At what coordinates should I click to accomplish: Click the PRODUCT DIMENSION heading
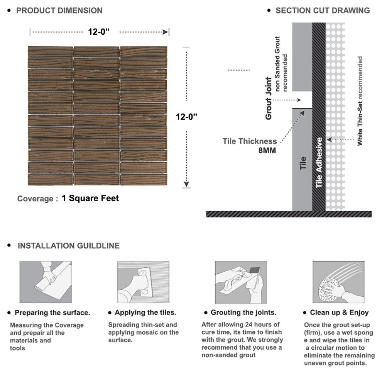(59, 10)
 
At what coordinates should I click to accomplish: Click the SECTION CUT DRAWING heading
(323, 10)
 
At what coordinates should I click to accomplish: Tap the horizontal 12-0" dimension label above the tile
(99, 32)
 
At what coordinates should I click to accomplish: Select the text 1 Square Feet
(90, 198)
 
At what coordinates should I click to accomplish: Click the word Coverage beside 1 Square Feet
(35, 199)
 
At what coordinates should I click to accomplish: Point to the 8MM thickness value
(267, 150)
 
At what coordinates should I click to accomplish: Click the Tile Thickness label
(250, 141)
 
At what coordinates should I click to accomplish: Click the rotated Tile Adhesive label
(319, 163)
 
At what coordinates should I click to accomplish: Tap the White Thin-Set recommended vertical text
(360, 101)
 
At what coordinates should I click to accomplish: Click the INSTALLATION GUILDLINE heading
(68, 246)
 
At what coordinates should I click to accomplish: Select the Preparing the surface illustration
(46, 282)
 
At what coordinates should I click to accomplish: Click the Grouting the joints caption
(243, 313)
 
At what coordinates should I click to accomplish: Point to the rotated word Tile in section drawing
(302, 163)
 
